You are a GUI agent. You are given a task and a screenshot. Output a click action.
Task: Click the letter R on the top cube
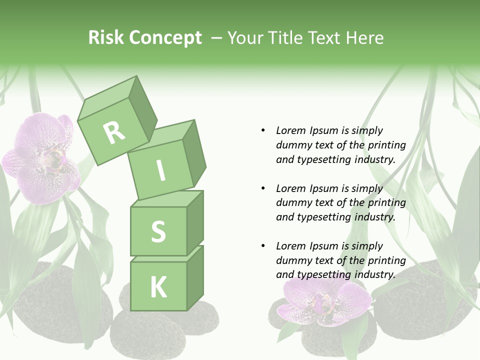(x=114, y=132)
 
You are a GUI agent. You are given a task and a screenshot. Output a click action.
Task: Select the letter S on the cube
(x=158, y=231)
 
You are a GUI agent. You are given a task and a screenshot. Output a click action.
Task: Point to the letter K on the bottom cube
(x=158, y=287)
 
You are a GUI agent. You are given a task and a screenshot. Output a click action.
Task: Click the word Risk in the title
(x=106, y=38)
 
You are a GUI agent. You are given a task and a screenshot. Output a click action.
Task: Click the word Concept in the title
(x=164, y=38)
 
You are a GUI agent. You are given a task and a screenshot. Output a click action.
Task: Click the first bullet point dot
(x=263, y=130)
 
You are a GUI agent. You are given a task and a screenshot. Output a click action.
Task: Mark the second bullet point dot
(x=263, y=188)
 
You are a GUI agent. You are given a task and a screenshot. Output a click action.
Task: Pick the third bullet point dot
(x=263, y=246)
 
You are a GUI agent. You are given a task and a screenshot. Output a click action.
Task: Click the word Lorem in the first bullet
(x=290, y=130)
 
